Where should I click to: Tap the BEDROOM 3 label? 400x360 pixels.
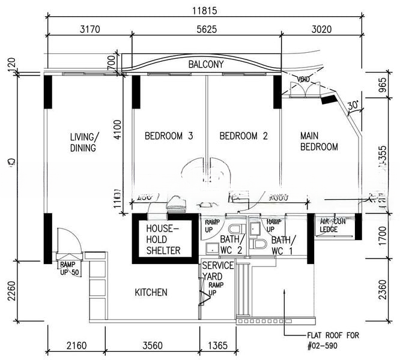169,136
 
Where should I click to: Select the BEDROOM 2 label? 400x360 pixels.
243,136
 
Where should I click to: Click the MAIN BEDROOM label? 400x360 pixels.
319,142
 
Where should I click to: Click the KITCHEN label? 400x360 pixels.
151,292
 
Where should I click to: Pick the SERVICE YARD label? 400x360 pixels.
217,271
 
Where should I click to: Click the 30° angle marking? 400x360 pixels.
353,104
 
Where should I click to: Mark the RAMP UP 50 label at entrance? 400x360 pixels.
68,268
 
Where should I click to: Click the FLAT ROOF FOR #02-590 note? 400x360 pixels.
332,340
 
